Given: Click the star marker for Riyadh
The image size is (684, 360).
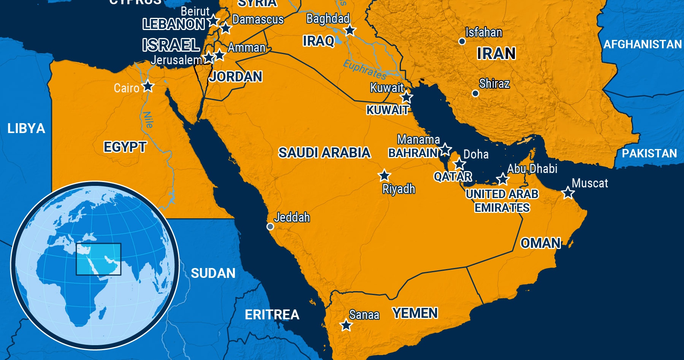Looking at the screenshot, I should [384, 176].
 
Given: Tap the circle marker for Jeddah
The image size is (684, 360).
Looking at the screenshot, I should [270, 227].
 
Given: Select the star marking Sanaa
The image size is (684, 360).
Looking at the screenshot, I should [346, 325].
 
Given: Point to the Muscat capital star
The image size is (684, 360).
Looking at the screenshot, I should [568, 193].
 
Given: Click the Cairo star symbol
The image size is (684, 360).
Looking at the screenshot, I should [148, 87].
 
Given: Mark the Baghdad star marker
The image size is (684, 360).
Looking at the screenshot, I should [350, 30].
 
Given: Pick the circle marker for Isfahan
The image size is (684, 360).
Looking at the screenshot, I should [462, 41].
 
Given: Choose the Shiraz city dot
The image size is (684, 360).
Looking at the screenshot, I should [475, 93].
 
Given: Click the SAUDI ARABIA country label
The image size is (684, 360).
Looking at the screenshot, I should [324, 153].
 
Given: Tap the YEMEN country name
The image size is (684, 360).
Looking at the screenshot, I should [415, 313].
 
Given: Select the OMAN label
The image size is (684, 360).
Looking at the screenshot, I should [540, 243].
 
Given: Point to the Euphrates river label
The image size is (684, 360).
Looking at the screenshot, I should [364, 69].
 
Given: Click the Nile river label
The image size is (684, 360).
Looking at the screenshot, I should [148, 119].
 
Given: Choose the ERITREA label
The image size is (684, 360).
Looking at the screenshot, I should [272, 315].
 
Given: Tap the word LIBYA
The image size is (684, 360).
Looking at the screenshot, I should [26, 128].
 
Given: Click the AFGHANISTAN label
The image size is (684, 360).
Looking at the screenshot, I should [643, 44].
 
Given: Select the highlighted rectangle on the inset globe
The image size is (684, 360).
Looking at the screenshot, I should [98, 259].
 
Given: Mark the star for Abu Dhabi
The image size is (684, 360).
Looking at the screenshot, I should [503, 179].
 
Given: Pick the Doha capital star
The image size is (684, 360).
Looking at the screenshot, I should [459, 164].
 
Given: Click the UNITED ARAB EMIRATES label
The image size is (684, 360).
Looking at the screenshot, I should [502, 201].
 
